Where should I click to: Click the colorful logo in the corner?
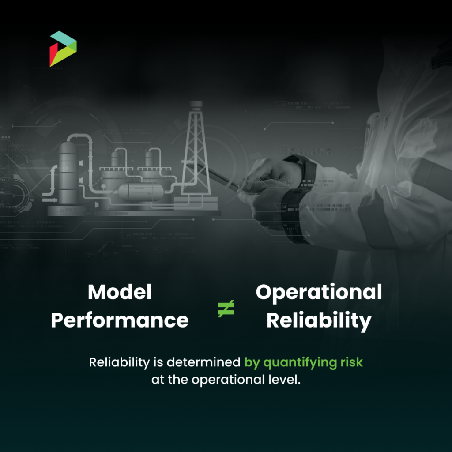(63, 49)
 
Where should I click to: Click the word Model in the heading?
(120, 292)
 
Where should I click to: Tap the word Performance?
(120, 320)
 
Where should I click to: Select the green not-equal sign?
(226, 309)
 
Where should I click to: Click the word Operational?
(319, 292)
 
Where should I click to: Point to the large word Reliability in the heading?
(319, 321)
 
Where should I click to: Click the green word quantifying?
(301, 362)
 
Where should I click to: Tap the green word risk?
(351, 362)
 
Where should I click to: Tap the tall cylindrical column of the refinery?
(68, 172)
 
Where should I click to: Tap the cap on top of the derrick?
(196, 104)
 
